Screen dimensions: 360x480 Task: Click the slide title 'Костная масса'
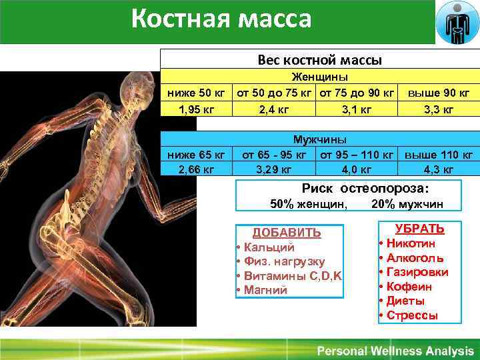point(221,19)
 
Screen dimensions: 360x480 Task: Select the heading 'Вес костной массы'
point(319,60)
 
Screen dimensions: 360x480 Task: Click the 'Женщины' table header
point(320,78)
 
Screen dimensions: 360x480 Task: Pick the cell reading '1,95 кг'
point(196,108)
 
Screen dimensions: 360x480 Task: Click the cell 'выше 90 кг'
point(438,93)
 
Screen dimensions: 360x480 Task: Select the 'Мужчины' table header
point(320,140)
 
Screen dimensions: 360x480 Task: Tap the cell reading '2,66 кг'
point(196,169)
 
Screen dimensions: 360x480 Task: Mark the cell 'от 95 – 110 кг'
point(357,155)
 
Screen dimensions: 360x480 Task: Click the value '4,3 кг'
point(438,169)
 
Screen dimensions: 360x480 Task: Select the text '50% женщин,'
point(308,204)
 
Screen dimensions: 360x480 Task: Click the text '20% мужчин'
point(407,204)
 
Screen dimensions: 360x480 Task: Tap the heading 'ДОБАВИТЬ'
point(286,233)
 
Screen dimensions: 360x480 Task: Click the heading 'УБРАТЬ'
point(419,229)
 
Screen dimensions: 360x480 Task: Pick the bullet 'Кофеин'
point(409,287)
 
